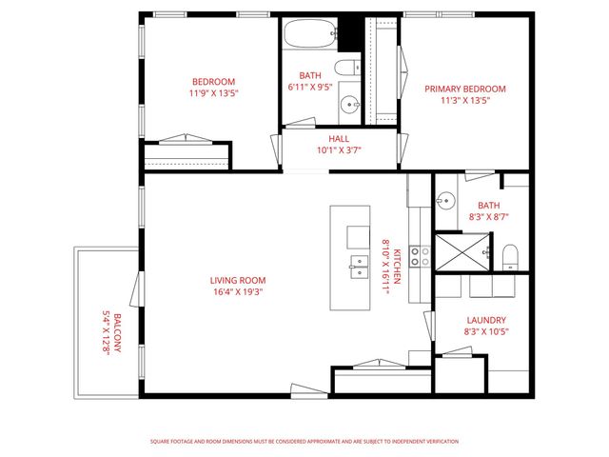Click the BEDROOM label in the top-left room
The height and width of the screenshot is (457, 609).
[x=213, y=82]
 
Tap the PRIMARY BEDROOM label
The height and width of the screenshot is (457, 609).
[x=464, y=89]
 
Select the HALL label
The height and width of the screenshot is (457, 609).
[x=339, y=137]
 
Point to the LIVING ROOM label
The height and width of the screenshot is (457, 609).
[x=238, y=280]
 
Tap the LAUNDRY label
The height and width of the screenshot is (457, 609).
[x=485, y=320]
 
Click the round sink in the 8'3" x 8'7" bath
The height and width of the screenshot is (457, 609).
[x=445, y=201]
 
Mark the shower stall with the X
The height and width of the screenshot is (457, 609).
[x=462, y=250]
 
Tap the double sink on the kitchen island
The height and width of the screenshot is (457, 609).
[x=359, y=266]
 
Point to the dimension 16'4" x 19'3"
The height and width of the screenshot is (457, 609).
[x=238, y=292]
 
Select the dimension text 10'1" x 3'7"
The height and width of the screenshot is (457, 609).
[x=339, y=149]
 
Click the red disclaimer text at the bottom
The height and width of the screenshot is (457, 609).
[x=304, y=441]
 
